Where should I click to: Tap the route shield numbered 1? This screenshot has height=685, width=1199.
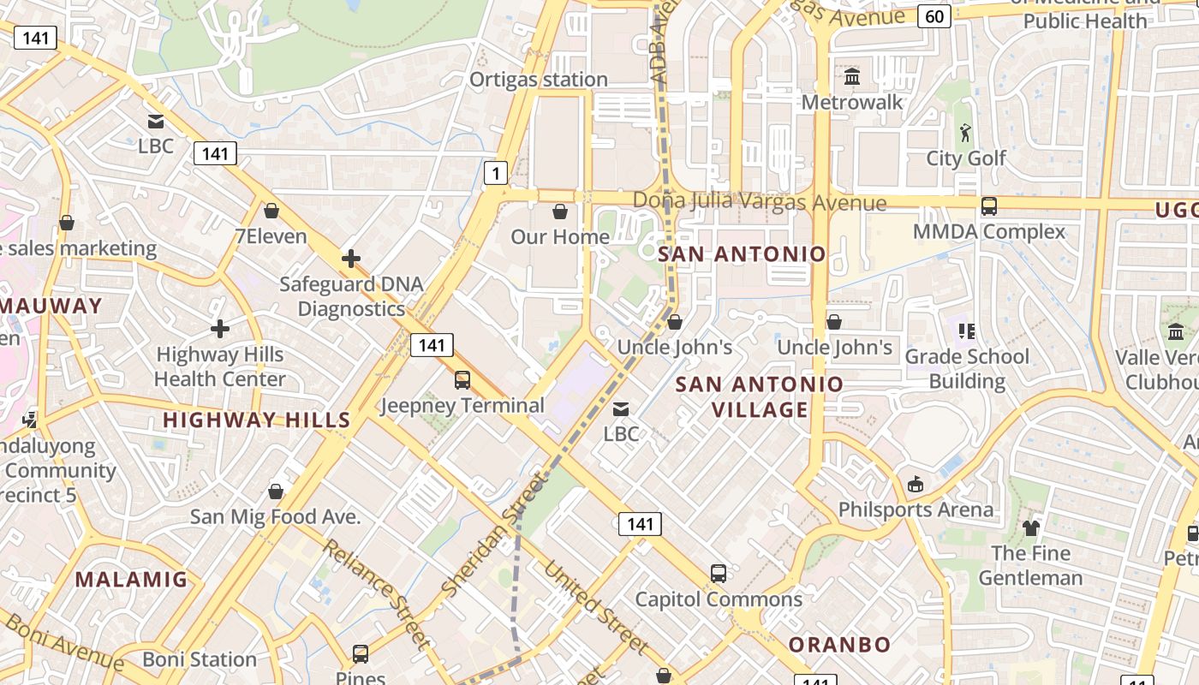496,174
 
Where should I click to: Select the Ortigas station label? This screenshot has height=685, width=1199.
538,80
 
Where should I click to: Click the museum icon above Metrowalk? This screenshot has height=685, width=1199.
852,77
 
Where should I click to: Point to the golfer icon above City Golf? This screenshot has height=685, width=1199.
966,133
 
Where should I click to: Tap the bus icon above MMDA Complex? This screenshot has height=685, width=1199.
989,206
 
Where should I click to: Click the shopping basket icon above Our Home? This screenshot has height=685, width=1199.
560,211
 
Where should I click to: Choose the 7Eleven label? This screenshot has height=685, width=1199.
271,236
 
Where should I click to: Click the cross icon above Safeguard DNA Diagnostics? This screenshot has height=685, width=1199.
350,258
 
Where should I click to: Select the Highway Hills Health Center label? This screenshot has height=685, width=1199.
220,366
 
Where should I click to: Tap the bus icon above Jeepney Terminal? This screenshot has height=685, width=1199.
462,379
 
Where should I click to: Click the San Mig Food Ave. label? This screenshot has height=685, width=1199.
275,517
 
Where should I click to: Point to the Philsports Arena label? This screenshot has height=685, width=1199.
916,509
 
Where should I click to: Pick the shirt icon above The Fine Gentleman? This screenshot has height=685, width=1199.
1030,527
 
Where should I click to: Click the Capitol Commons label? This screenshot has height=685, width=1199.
718,599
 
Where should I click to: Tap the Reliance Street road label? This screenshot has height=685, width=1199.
377,593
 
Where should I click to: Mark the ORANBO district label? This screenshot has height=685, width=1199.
839,645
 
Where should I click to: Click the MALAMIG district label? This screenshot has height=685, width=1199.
131,580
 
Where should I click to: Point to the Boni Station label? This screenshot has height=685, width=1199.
200,659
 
